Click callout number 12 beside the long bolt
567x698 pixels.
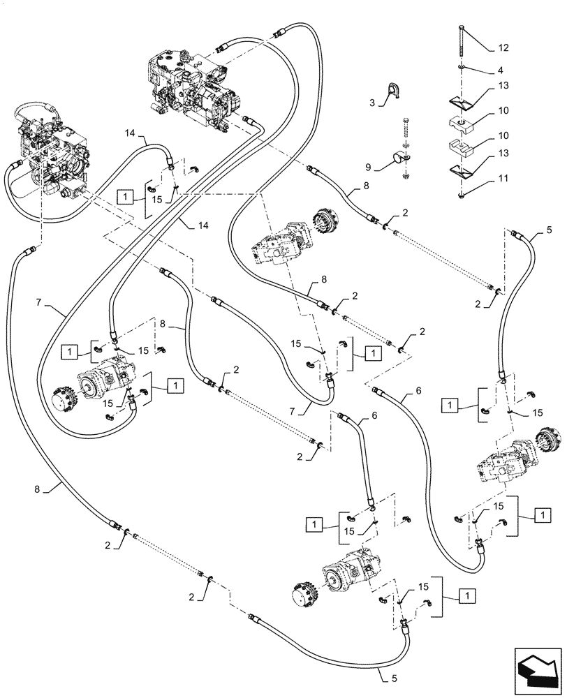pyautogui.click(x=503, y=48)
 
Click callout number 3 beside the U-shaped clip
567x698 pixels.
pyautogui.click(x=372, y=102)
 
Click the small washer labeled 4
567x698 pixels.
pyautogui.click(x=462, y=69)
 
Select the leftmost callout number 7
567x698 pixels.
pyautogui.click(x=39, y=303)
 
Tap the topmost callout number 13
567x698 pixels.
pyautogui.click(x=503, y=86)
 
